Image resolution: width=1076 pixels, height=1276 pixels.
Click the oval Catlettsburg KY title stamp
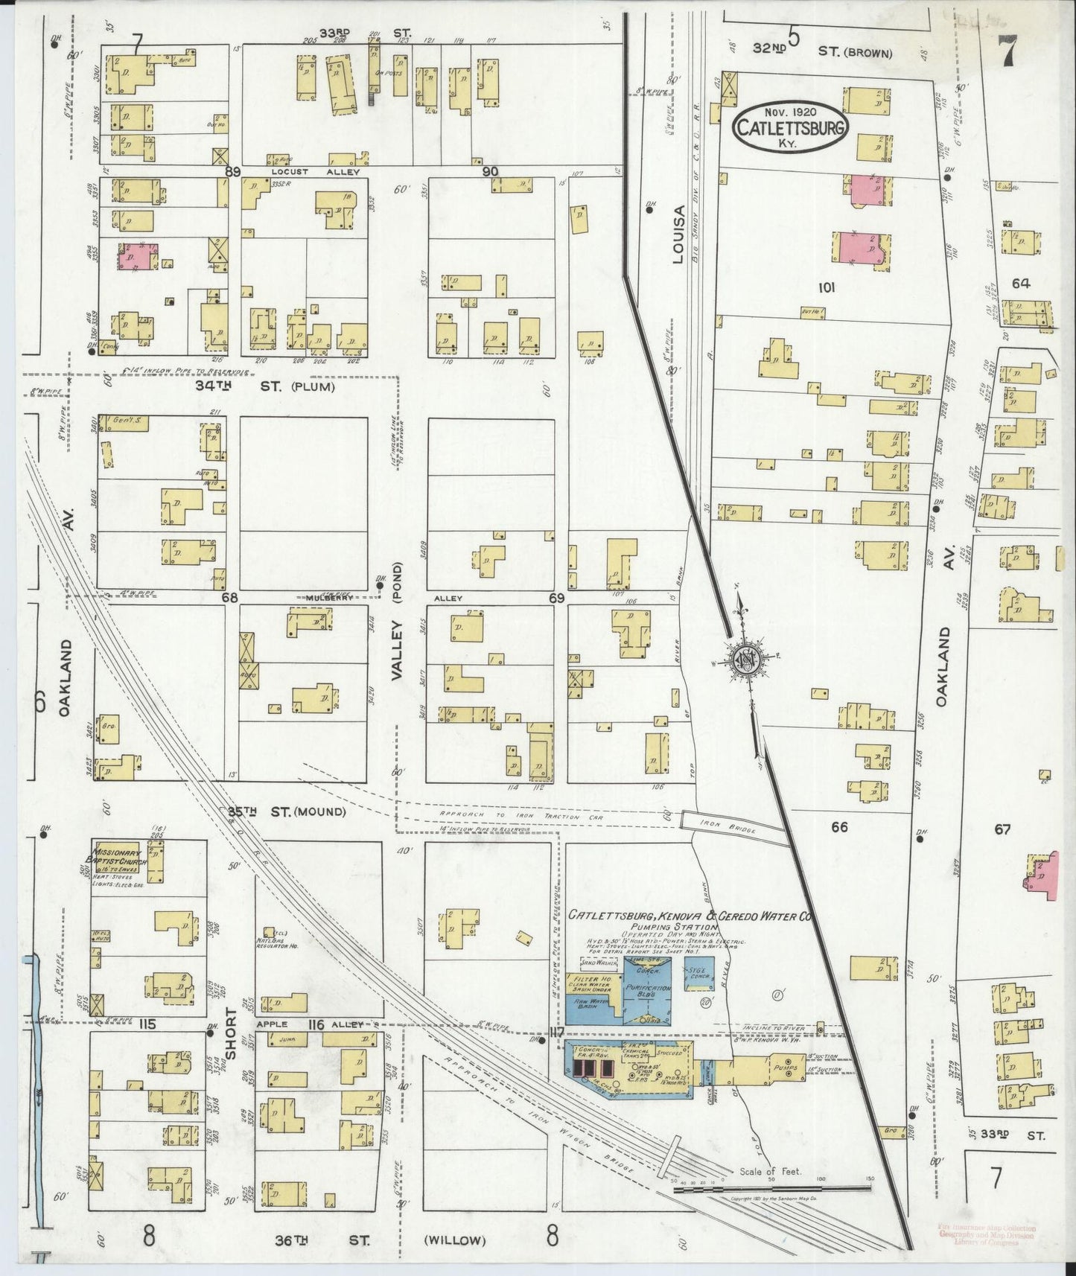click(x=791, y=128)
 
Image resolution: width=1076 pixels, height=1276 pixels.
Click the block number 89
click(x=234, y=172)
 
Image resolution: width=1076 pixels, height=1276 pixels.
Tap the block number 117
click(x=555, y=1031)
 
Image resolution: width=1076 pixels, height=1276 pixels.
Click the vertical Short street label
click(x=231, y=1033)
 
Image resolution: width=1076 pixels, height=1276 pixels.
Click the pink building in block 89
click(x=137, y=256)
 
